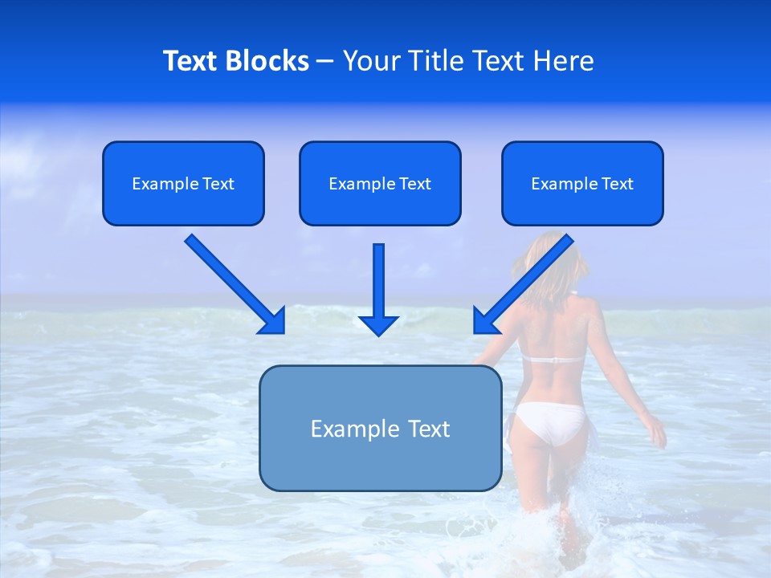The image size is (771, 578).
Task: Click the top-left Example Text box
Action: (x=183, y=183)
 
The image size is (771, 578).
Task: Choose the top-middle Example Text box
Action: (x=380, y=183)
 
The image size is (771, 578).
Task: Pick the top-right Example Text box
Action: (x=582, y=183)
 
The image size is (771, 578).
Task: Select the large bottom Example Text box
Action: (x=380, y=428)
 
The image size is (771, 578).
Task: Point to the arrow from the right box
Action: (x=526, y=281)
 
